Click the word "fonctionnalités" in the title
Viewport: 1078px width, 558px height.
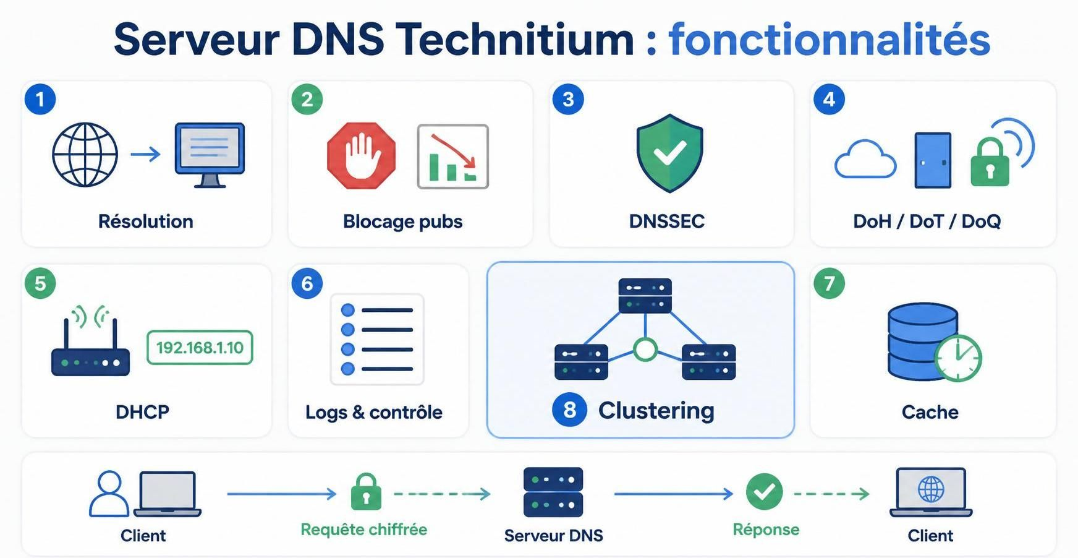coord(830,39)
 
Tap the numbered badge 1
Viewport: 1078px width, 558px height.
coord(40,99)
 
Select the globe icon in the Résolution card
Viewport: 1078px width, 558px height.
coord(85,155)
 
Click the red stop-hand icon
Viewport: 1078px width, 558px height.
coord(361,155)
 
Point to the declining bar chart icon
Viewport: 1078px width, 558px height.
coord(453,157)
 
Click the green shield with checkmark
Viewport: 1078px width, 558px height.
coord(669,153)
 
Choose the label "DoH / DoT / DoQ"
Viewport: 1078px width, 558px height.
coord(927,221)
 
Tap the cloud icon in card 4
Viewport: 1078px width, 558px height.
coord(865,159)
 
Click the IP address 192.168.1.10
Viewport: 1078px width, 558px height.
coord(200,348)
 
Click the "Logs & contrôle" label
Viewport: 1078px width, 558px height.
coord(374,412)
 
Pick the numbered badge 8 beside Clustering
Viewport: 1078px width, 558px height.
coord(569,410)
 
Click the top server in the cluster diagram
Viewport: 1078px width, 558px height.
coord(645,296)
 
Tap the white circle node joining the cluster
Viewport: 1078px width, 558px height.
coord(645,350)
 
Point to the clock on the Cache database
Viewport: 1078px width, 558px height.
coord(958,358)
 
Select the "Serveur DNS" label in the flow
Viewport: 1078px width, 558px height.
coord(553,535)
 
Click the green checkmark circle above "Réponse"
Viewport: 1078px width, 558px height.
coord(765,492)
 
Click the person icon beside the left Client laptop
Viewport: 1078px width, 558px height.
coord(109,494)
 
